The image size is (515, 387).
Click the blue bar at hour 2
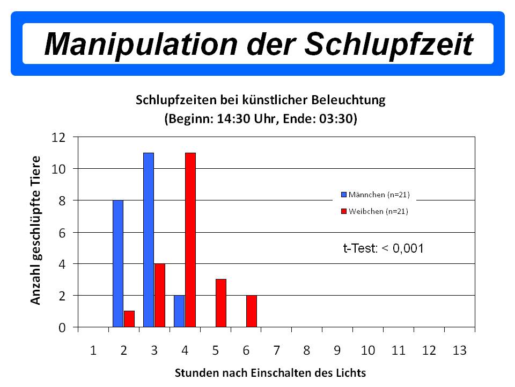click(118, 263)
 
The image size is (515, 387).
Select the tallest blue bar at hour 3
click(149, 240)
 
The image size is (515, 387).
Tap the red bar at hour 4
click(190, 240)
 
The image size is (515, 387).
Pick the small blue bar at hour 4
click(179, 311)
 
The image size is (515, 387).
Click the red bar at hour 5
click(221, 303)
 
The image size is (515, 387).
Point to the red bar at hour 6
click(252, 311)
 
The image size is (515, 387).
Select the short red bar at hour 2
click(129, 319)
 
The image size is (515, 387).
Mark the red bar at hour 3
click(160, 295)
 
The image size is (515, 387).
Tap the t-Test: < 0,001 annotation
click(384, 248)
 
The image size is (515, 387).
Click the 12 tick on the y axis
click(58, 137)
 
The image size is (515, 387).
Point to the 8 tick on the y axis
click(62, 200)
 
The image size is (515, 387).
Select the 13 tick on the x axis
click(459, 350)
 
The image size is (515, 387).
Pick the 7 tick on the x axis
click(276, 350)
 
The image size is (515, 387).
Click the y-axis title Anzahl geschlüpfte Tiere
click(35, 230)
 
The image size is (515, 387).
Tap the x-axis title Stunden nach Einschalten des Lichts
click(270, 372)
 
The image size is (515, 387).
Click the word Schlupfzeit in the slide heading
click(389, 43)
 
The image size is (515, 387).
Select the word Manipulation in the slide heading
click(139, 43)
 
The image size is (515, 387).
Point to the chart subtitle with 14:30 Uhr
click(261, 119)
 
